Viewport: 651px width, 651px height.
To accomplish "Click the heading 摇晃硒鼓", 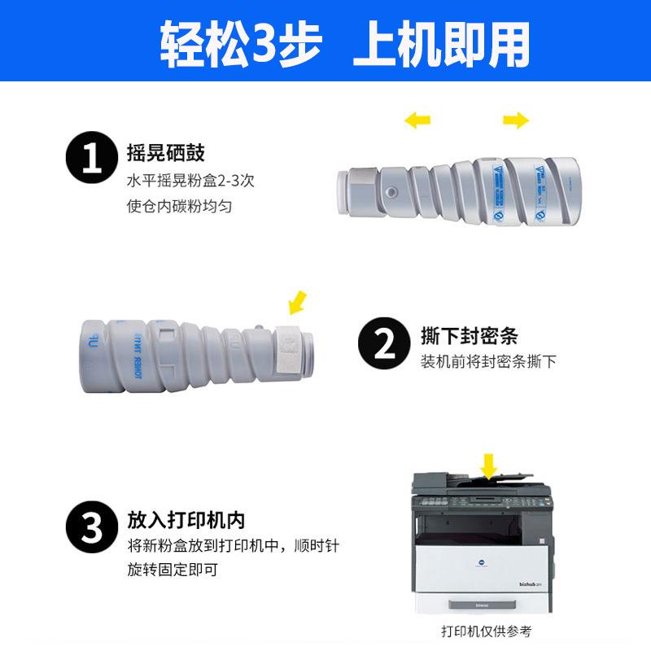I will tap(165, 152).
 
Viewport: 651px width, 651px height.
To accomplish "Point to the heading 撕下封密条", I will tap(470, 336).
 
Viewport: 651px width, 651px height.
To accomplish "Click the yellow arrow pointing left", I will tap(417, 121).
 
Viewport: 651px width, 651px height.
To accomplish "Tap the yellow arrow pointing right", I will tap(516, 121).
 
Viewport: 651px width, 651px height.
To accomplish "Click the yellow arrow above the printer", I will tap(488, 466).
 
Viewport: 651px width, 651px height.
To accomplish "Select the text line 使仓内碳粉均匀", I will tap(180, 206).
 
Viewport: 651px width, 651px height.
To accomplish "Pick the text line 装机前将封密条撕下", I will tap(488, 361).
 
